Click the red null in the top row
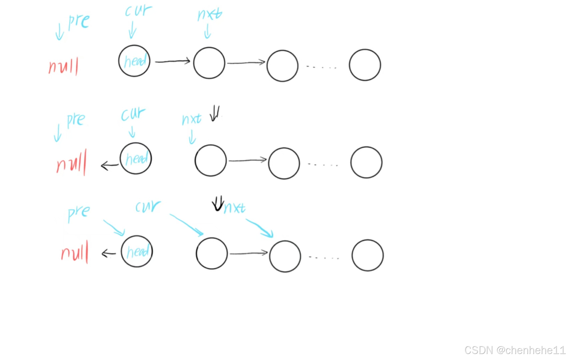coord(64,66)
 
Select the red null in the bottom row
coord(75,252)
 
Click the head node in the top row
coord(134,61)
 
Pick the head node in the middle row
coord(136,158)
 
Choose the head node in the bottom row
coord(137,251)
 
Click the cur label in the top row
coord(138,11)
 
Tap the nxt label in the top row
coord(210,14)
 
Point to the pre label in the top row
coord(79,21)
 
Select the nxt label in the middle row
coord(192,119)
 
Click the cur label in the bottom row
coord(148,206)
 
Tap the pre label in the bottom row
coord(79,212)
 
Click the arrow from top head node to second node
coord(172,61)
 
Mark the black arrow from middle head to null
coord(110,165)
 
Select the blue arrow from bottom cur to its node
coord(187,225)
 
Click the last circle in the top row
coord(365,65)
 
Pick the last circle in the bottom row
coord(367,255)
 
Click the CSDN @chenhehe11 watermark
coord(515,350)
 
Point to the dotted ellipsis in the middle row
coord(323,164)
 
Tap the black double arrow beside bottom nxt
coord(218,203)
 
